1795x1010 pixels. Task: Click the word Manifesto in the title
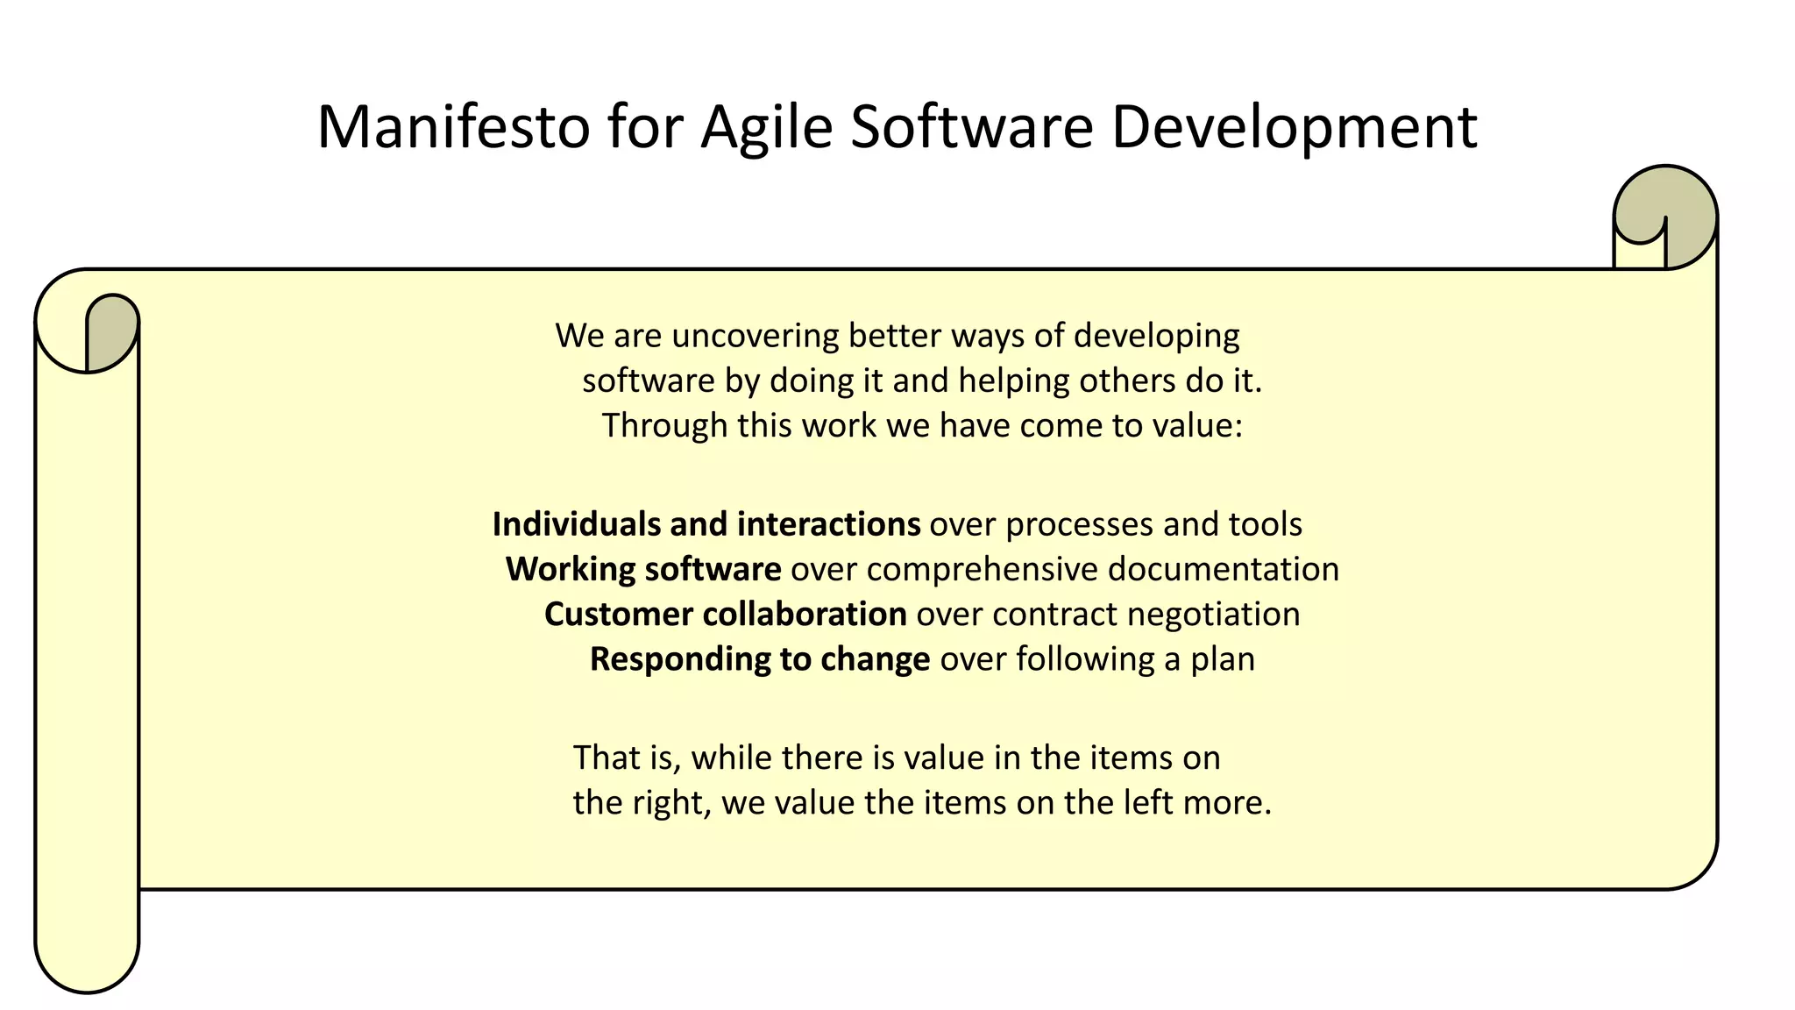pyautogui.click(x=453, y=127)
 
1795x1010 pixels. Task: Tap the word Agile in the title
pyautogui.click(x=766, y=127)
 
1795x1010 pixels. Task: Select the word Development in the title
pyautogui.click(x=1295, y=127)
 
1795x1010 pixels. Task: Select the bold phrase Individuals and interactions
pyautogui.click(x=706, y=524)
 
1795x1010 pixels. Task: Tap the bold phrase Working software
pyautogui.click(x=643, y=569)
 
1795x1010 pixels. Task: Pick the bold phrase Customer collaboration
pyautogui.click(x=725, y=614)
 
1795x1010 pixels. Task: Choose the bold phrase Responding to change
pyautogui.click(x=759, y=658)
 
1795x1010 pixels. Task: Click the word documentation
pyautogui.click(x=1223, y=569)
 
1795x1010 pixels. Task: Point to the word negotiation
pyautogui.click(x=1213, y=614)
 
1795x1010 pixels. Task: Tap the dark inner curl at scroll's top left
pyautogui.click(x=111, y=333)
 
